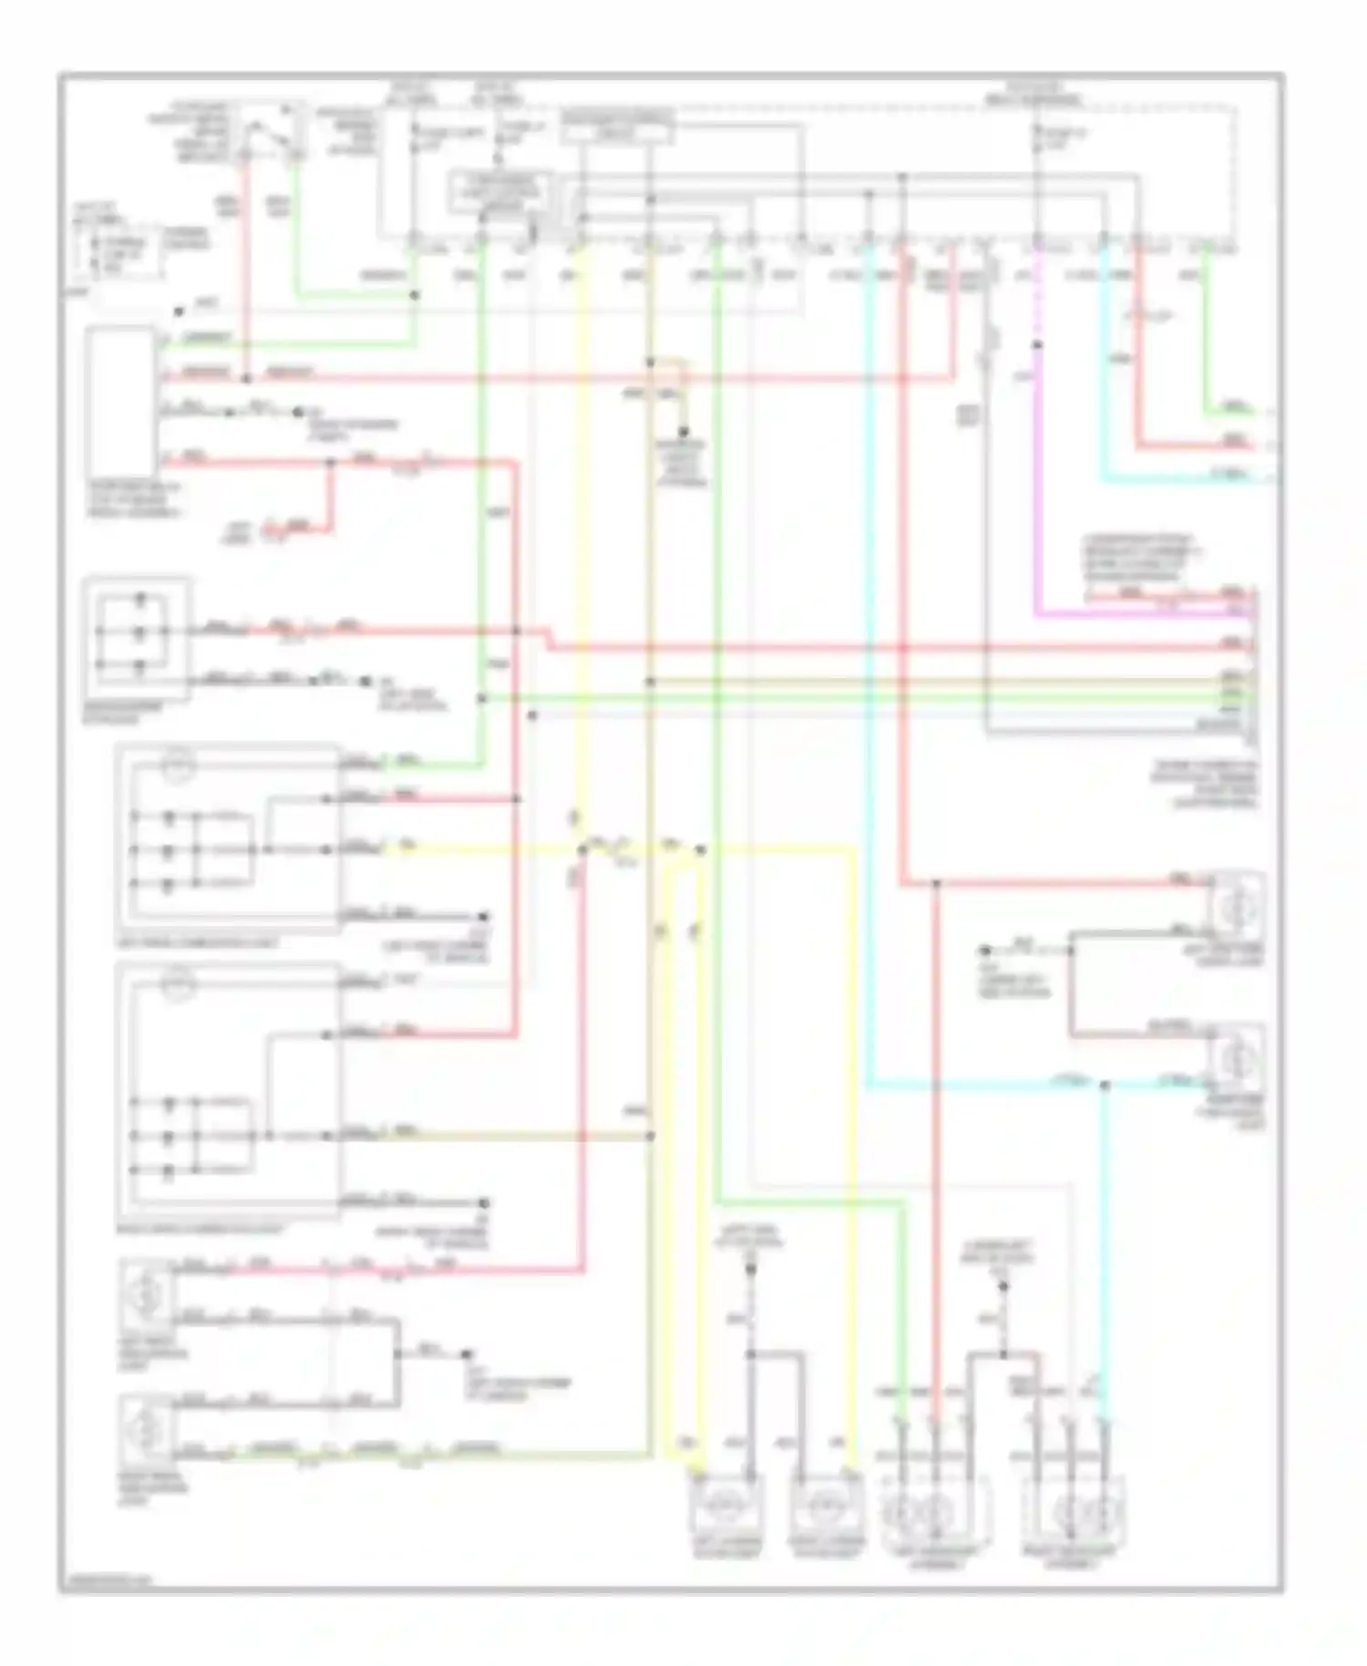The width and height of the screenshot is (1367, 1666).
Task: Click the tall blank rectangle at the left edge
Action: pyautogui.click(x=121, y=402)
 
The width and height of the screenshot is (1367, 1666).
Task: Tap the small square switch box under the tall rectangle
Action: pyautogui.click(x=137, y=638)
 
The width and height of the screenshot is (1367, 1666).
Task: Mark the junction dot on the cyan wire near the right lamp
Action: pyautogui.click(x=1105, y=1085)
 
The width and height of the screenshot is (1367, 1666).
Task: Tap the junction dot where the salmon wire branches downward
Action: pyautogui.click(x=936, y=882)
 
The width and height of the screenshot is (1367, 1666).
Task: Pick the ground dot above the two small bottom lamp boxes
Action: pyautogui.click(x=751, y=1267)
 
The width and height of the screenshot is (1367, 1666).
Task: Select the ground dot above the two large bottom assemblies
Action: pyautogui.click(x=1002, y=1286)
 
